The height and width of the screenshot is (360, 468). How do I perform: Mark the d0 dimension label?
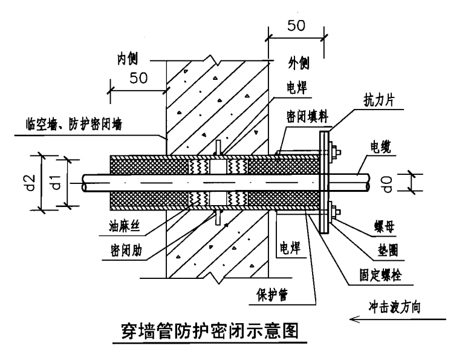point(421,183)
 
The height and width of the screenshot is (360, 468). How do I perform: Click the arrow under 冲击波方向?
point(399,319)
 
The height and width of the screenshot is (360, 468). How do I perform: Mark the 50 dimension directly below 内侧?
point(140,79)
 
